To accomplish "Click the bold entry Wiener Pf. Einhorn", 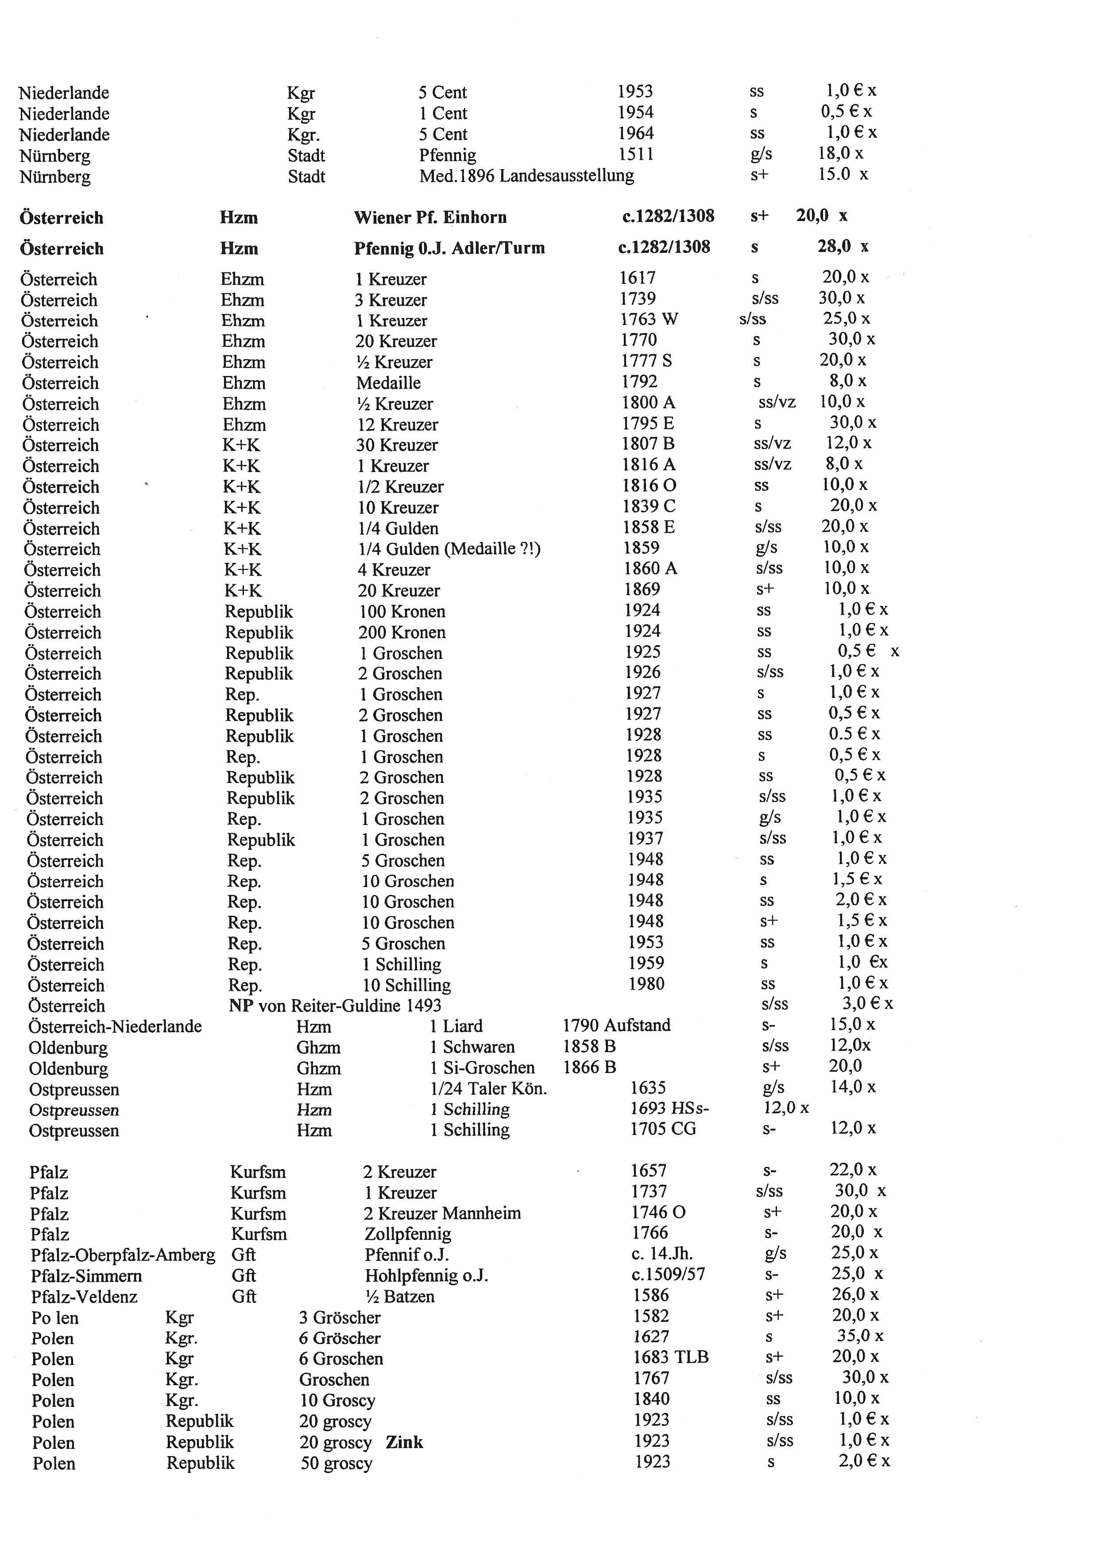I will pos(430,217).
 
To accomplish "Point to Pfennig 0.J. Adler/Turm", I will pos(449,248).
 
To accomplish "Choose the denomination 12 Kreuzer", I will pos(397,425).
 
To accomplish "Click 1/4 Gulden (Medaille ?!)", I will pos(449,549).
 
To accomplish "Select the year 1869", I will pos(642,590).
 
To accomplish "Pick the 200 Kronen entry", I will pos(402,632).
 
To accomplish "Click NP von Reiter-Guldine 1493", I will pos(335,1006).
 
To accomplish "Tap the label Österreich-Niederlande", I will pos(115,1027).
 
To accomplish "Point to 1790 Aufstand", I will pos(616,1026).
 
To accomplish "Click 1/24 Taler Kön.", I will pos(488,1088).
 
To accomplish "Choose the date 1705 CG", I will pos(663,1129).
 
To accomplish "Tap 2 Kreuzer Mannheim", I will pos(442,1213).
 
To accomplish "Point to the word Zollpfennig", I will pos(408,1235).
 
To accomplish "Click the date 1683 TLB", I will pos(670,1358).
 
